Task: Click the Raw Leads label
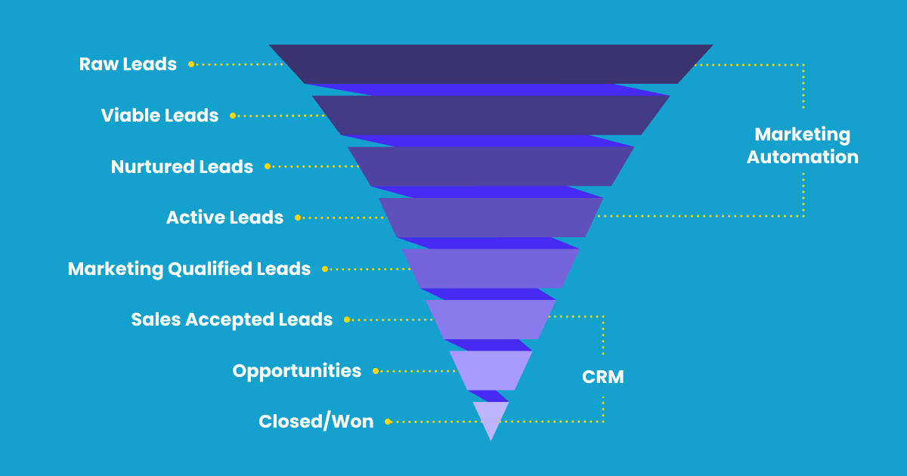coord(128,64)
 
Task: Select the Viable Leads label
coord(159,116)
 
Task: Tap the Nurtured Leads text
coord(182,167)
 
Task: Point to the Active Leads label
coord(224,218)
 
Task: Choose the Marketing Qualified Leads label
coord(189,269)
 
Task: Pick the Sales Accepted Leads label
coord(231,320)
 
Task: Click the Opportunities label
coord(296,371)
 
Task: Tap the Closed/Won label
coord(316,422)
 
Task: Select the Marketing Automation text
coord(802,146)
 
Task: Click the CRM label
coord(603,377)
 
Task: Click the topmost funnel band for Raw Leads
coord(491,64)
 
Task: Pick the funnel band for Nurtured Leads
coord(491,166)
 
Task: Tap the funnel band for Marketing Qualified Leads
coord(491,268)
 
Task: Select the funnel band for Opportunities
coord(491,370)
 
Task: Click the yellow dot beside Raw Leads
coord(191,64)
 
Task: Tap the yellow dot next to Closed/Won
coord(388,422)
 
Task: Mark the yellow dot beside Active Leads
coord(298,218)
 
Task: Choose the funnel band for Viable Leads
coord(491,115)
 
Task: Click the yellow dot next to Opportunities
coord(376,371)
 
